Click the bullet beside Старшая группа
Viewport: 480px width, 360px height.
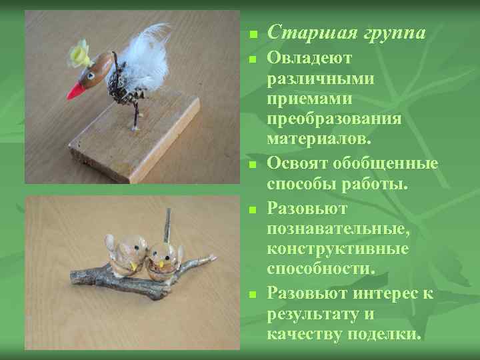pyautogui.click(x=252, y=34)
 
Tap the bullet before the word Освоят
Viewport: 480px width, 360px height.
pyautogui.click(x=252, y=164)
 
